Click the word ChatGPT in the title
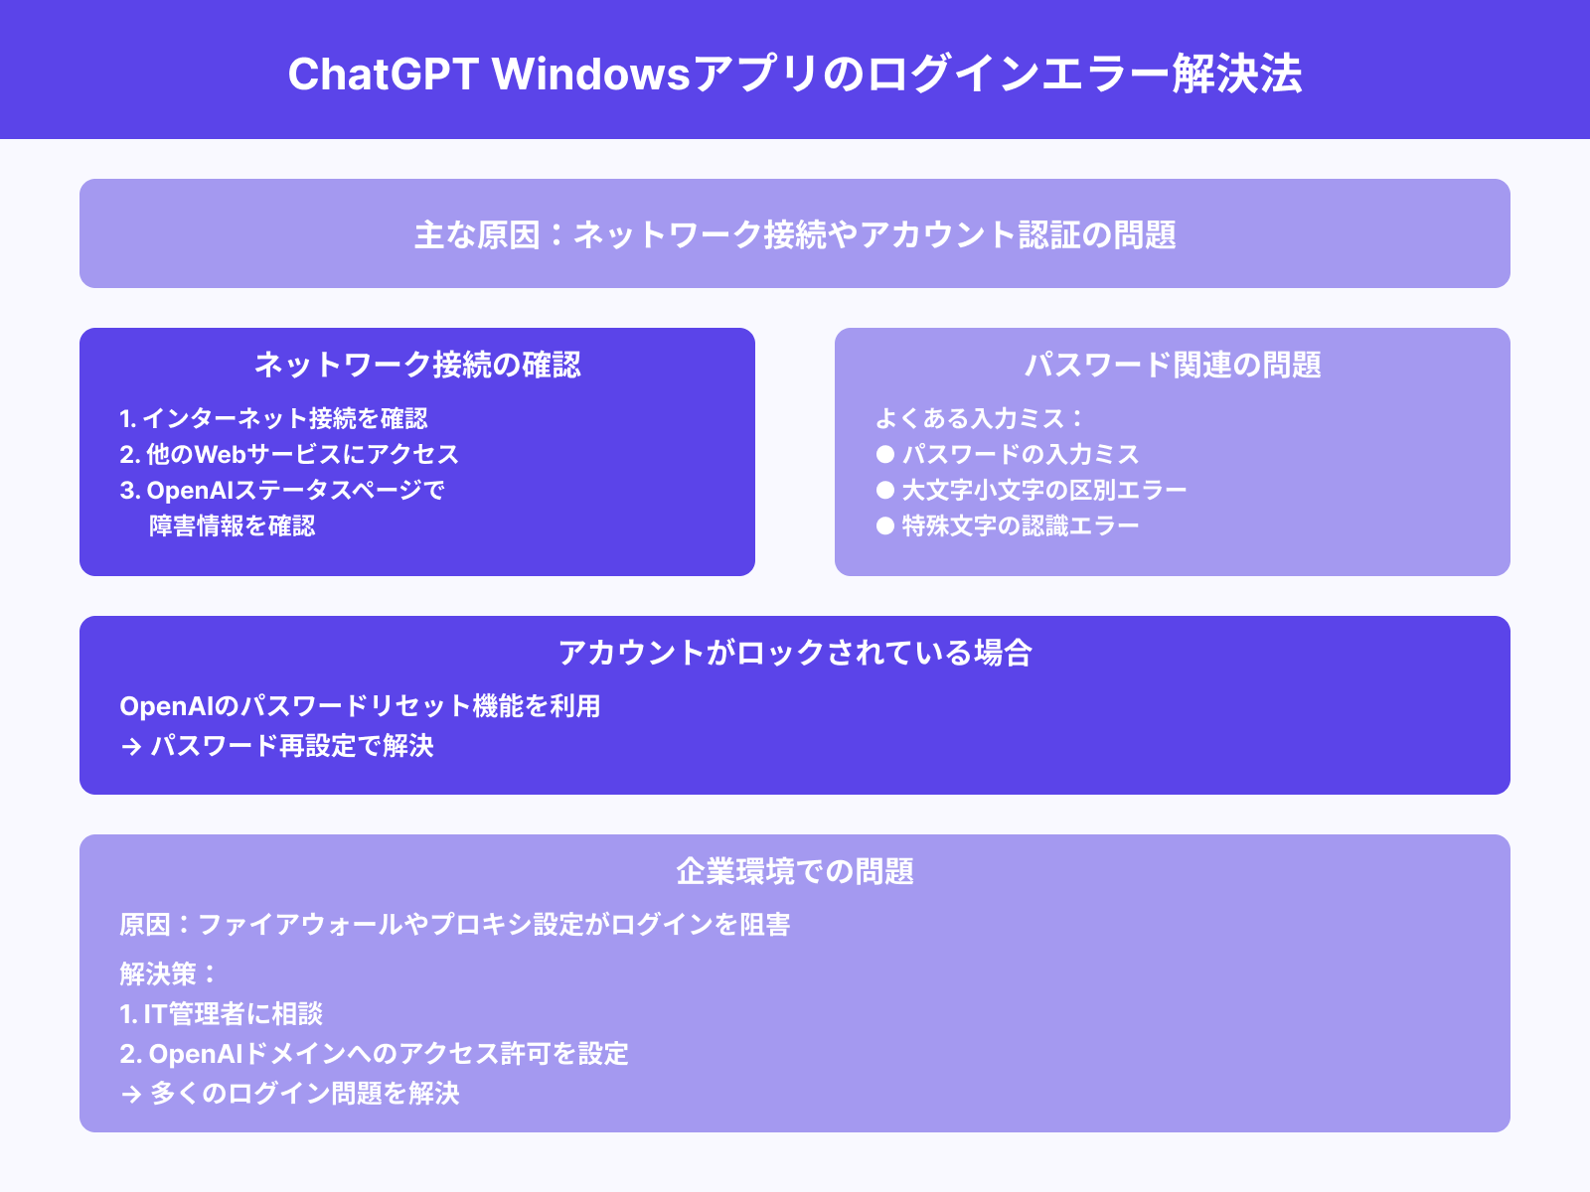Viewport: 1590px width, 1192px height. point(384,74)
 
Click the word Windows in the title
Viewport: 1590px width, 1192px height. point(591,74)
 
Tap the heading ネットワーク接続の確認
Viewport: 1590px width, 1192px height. point(417,365)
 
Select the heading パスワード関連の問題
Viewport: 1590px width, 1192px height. point(1173,365)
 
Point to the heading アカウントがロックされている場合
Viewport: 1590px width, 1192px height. point(795,653)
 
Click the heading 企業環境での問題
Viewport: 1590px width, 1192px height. point(795,871)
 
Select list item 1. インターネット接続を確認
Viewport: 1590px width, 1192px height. point(274,419)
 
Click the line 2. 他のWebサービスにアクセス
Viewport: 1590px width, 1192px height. point(289,455)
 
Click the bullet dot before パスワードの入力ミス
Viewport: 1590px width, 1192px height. point(885,455)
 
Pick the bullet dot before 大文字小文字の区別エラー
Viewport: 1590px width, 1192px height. point(885,491)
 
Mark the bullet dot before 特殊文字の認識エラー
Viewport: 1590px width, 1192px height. point(885,526)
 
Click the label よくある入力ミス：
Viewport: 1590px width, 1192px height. point(979,419)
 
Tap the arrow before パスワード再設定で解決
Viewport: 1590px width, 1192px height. point(131,747)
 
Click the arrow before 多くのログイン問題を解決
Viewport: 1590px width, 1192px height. point(131,1095)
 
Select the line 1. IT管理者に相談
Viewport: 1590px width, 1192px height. point(222,1014)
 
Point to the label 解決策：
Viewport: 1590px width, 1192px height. point(168,974)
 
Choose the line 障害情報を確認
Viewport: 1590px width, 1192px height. point(233,526)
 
